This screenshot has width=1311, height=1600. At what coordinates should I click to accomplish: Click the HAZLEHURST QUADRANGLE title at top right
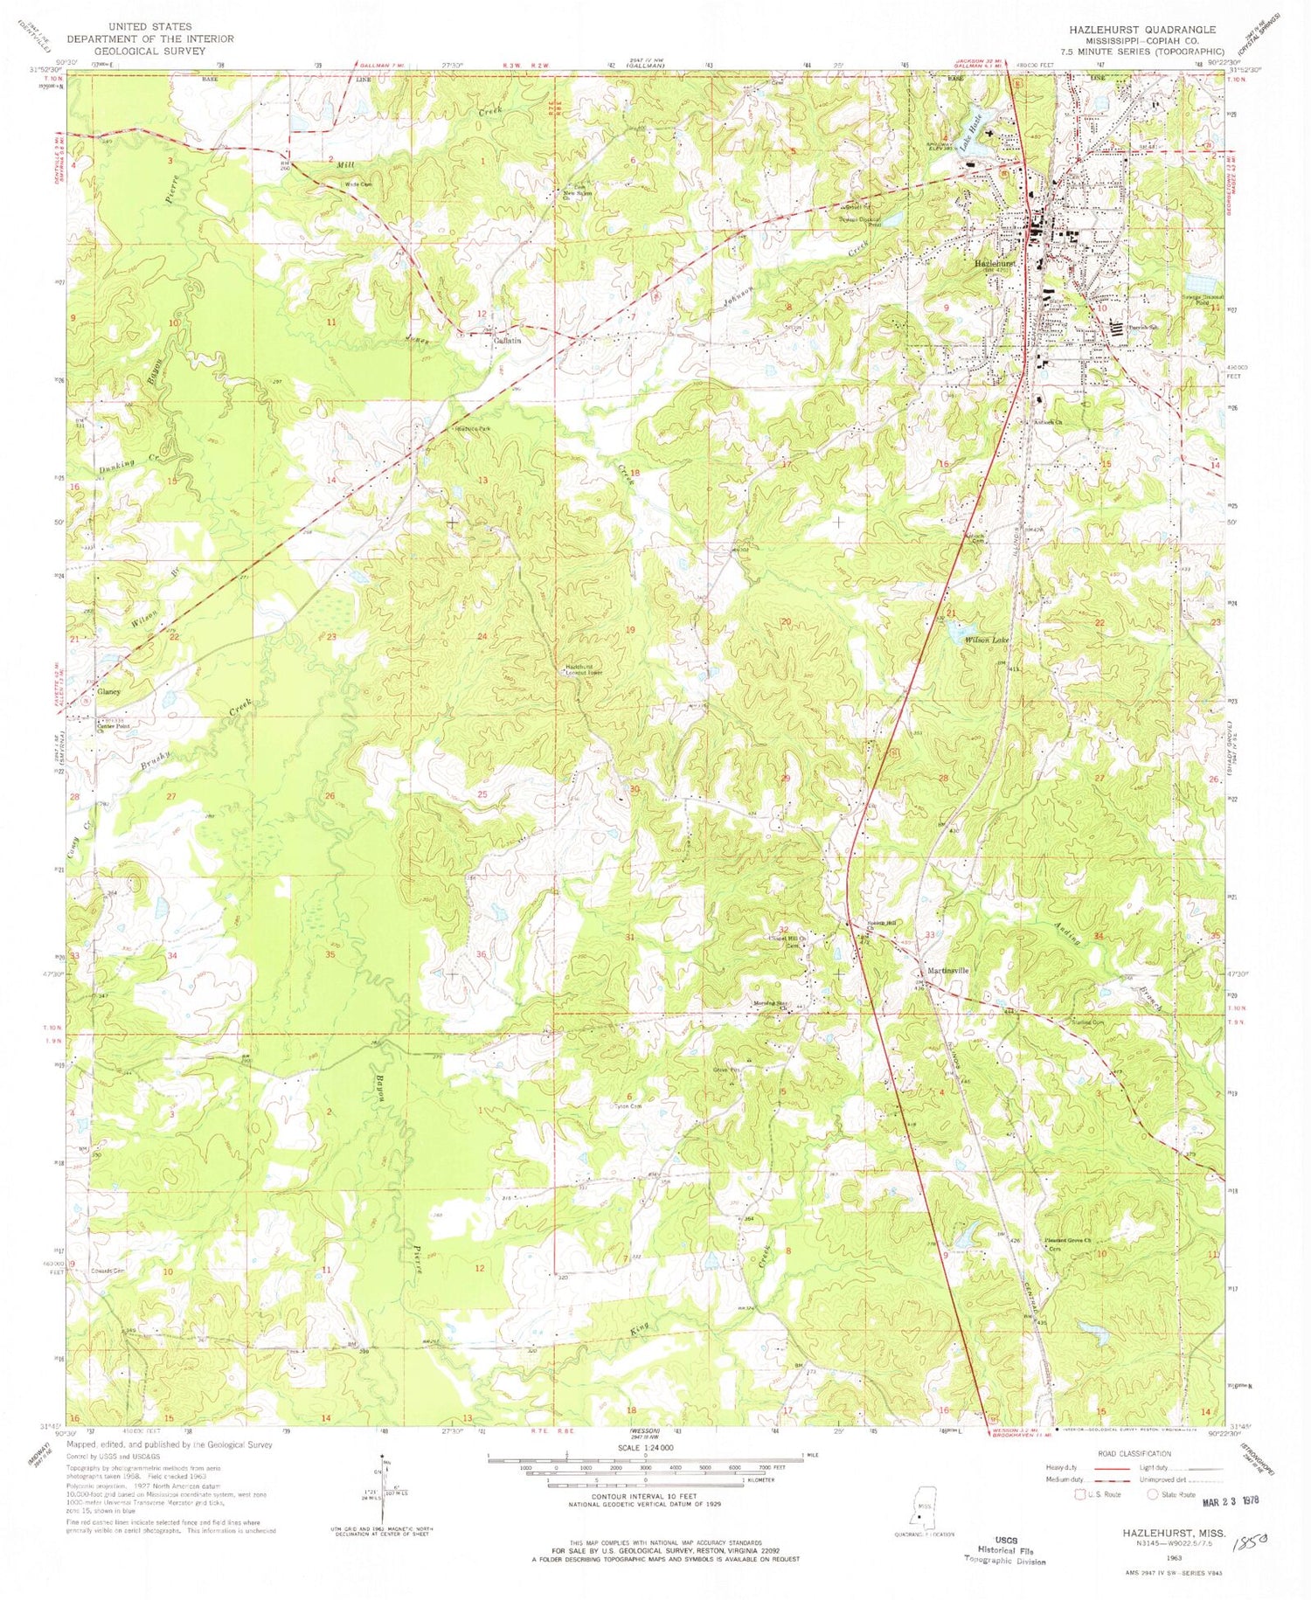[x=1136, y=29]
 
